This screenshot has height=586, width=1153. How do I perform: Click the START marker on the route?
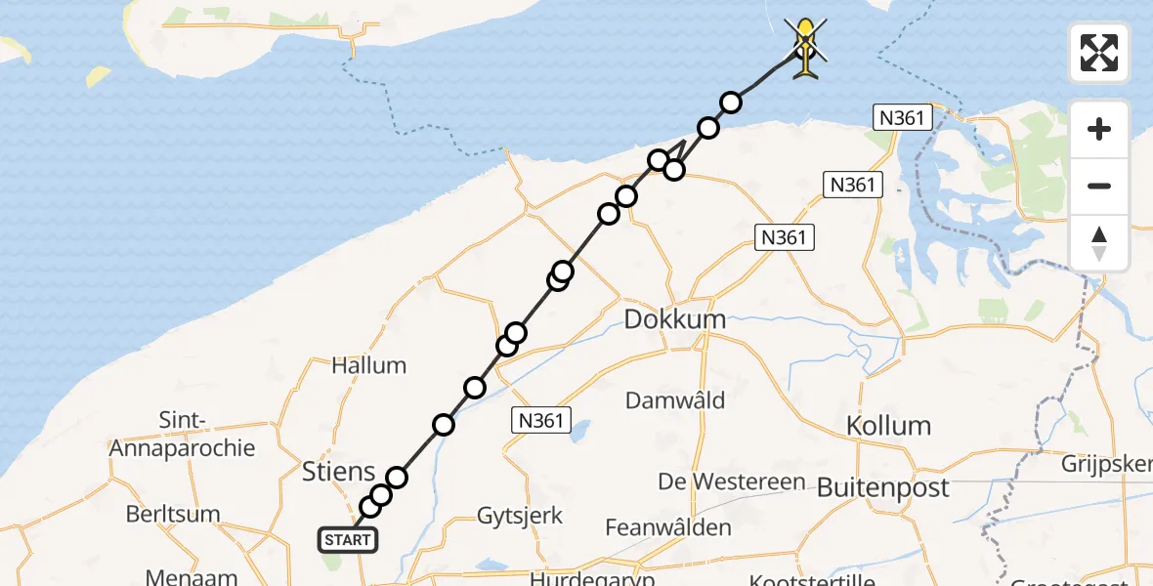coord(346,540)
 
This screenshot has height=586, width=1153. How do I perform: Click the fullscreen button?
coord(1099,53)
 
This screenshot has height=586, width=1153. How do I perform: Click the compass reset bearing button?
coord(1099,243)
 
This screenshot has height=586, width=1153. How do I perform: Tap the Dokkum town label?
coord(675,319)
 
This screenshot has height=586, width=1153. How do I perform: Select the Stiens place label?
coord(337,472)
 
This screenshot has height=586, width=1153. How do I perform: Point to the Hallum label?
coord(368,365)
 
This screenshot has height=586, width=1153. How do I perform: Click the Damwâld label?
coord(675,399)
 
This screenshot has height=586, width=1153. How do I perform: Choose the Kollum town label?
coord(888,425)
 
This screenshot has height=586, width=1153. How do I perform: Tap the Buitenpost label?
coord(882,486)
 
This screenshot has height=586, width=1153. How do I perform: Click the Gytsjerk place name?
coord(520,515)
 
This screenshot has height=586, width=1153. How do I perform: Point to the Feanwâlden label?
coord(668,527)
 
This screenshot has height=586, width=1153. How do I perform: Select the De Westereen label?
coord(732,481)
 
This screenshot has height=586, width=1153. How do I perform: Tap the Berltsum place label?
coord(173,514)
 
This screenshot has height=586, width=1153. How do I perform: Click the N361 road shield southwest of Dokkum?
coord(540,419)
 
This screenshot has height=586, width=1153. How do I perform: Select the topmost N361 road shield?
coord(898,118)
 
